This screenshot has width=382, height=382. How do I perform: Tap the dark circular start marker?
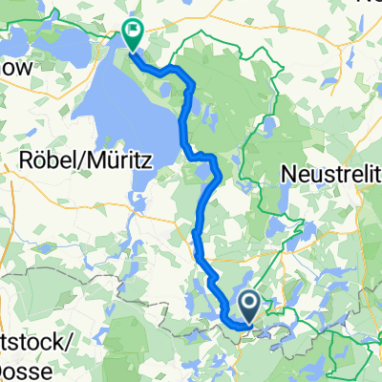248,305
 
